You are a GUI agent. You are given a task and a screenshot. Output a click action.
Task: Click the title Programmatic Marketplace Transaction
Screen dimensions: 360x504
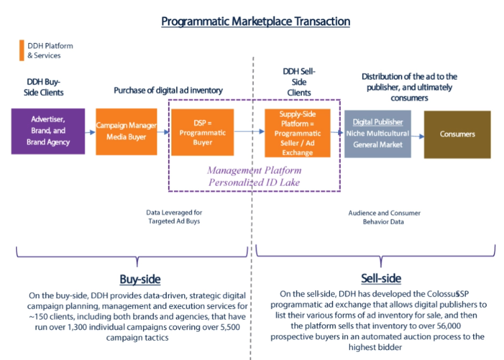[x=255, y=21]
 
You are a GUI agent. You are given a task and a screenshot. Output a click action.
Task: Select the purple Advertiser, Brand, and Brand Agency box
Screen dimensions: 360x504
[x=48, y=132]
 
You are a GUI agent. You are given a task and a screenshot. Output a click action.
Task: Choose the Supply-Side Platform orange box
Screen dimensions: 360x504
[x=297, y=133]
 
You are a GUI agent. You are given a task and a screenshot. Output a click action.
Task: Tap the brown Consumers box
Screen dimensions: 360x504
[x=457, y=134]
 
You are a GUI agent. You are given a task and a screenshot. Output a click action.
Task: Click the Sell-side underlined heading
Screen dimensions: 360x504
[x=380, y=278]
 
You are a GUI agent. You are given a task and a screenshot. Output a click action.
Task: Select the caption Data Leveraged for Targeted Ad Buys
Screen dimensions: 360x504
[x=174, y=217]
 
